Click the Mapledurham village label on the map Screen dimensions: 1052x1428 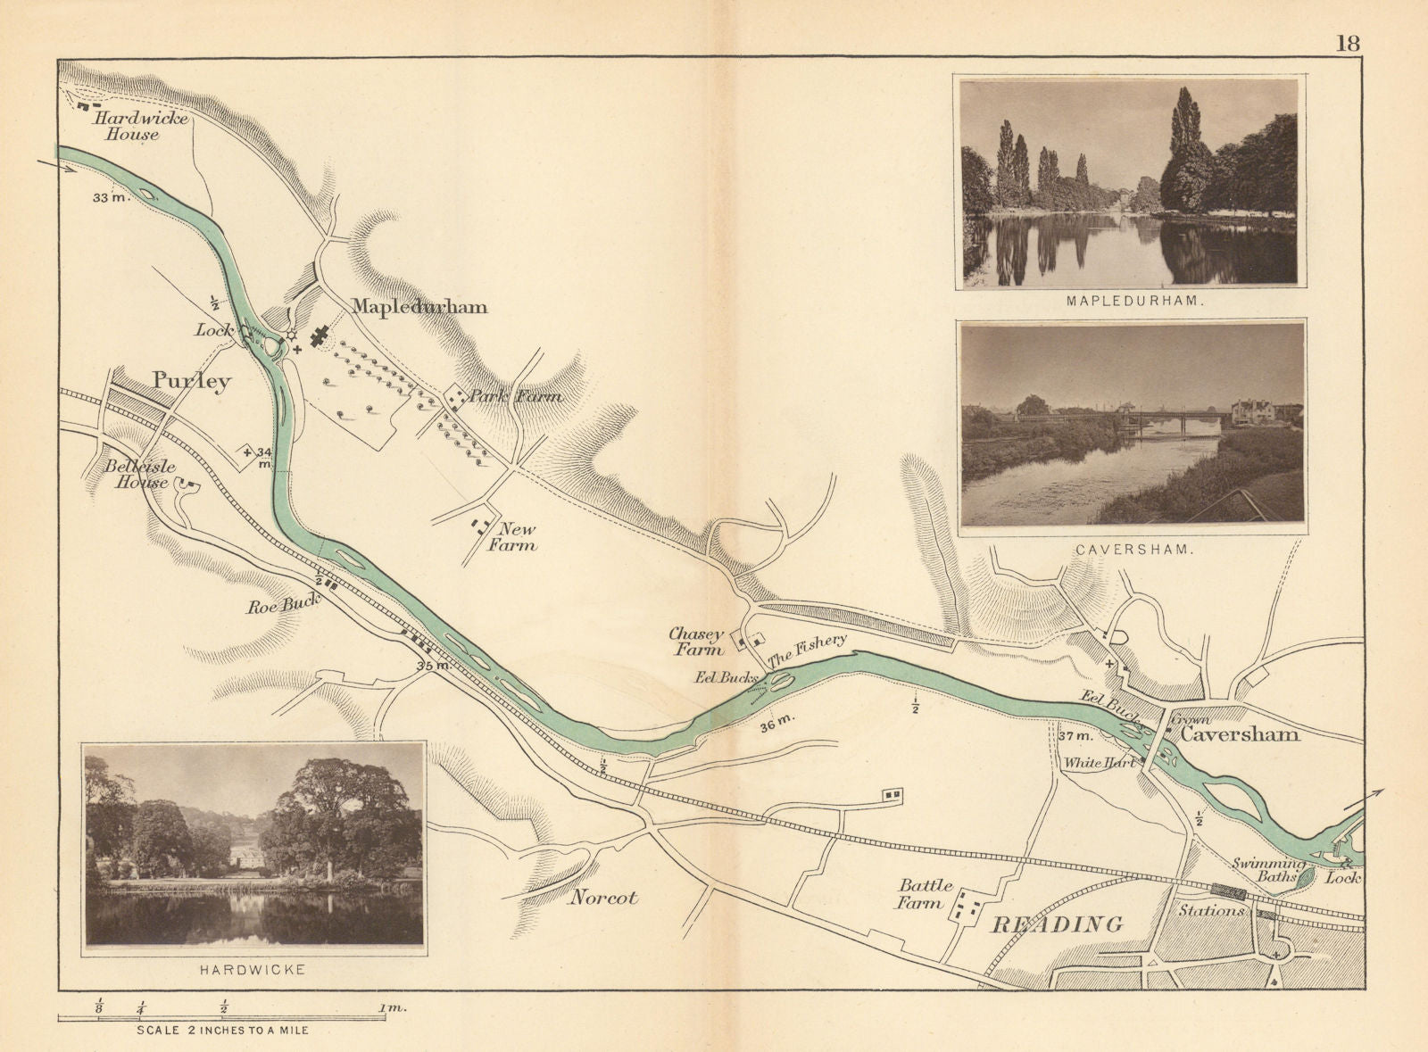tap(419, 307)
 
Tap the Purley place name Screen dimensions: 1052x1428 tap(191, 381)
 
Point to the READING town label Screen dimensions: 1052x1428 tap(1058, 924)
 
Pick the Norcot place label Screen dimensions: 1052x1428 tap(603, 898)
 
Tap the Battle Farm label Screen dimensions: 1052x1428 tap(925, 894)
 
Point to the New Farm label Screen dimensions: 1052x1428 tap(512, 537)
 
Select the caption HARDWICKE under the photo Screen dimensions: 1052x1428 tap(254, 969)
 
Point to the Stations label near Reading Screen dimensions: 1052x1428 tap(1211, 911)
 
